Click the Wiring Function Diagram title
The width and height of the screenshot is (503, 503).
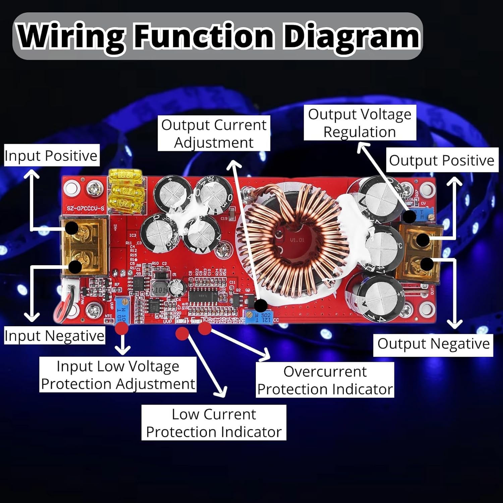click(x=218, y=36)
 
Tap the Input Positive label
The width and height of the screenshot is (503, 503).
click(x=51, y=156)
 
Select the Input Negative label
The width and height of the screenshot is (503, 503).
click(x=54, y=335)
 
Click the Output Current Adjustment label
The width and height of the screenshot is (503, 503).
click(x=214, y=133)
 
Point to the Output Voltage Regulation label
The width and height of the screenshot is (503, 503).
click(x=360, y=123)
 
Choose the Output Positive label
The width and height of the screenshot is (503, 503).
click(x=442, y=160)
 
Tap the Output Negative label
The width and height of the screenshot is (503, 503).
click(x=433, y=344)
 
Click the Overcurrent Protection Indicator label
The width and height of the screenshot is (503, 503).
click(x=325, y=380)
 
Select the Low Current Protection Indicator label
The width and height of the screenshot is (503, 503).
click(x=214, y=423)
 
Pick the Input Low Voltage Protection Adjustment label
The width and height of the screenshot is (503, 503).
click(x=118, y=375)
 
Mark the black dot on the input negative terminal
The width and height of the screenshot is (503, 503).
click(x=75, y=267)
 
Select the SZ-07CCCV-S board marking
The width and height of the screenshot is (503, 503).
click(x=85, y=208)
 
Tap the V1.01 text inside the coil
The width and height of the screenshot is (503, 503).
click(x=297, y=240)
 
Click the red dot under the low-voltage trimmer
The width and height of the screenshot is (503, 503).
click(x=121, y=328)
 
